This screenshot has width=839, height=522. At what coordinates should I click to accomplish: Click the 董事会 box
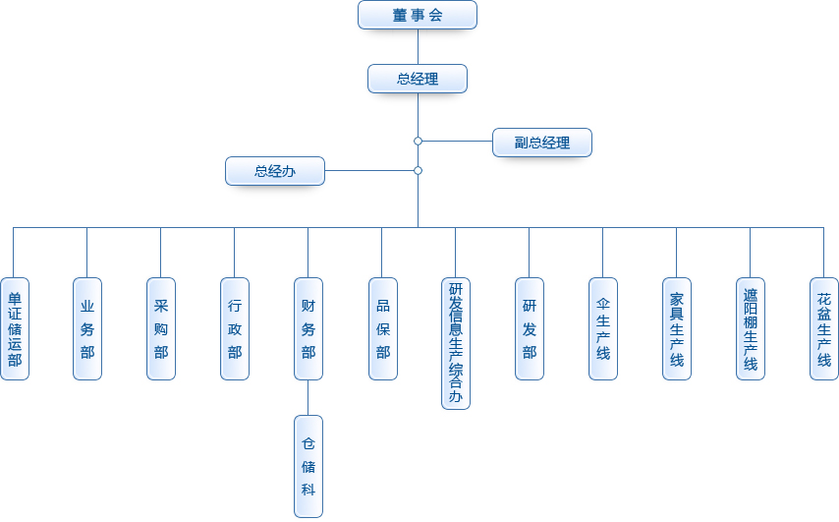pos(418,15)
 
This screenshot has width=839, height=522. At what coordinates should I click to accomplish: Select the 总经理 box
pos(418,79)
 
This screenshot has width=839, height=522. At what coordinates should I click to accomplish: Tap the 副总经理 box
pos(541,142)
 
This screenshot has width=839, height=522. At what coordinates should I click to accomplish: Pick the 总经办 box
pos(275,171)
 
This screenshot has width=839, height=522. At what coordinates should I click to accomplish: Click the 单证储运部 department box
pos(14,328)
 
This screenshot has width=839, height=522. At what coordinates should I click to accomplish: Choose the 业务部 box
pos(87,328)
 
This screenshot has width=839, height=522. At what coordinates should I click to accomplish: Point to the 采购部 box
pos(161,328)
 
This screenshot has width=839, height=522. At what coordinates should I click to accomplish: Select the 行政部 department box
pos(235,328)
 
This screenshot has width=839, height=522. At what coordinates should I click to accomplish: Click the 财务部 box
pos(308,328)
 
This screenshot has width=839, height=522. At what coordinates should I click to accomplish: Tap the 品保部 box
pos(382,328)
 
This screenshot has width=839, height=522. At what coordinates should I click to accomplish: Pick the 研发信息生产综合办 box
pos(456,343)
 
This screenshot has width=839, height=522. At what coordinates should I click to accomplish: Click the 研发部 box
pos(530,328)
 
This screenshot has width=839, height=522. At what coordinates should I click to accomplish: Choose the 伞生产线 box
pos(603,328)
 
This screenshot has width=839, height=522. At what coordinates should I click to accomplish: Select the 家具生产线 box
pos(677,328)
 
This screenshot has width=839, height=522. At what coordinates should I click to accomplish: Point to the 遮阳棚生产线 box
pos(751,328)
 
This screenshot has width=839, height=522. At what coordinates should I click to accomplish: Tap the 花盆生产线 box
pos(824,328)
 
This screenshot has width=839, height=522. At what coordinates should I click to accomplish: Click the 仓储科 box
pos(308,466)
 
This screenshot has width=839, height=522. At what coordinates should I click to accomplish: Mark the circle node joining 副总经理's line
pos(418,142)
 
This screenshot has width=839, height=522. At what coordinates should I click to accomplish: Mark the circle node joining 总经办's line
pos(418,171)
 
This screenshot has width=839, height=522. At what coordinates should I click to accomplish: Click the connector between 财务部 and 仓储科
pos(308,397)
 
